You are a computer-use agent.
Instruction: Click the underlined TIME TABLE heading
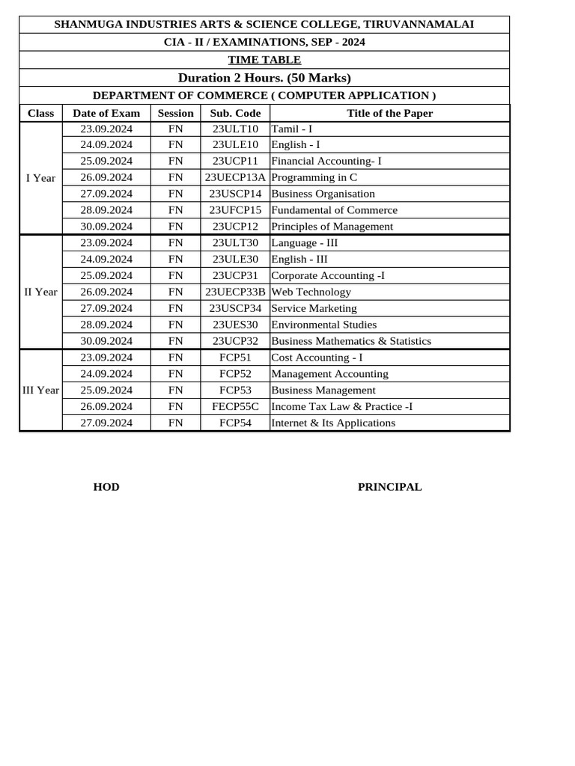[264, 60]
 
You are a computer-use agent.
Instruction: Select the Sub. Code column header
[235, 113]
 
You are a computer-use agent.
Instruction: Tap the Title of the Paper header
[389, 113]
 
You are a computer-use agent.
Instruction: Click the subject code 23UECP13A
[235, 177]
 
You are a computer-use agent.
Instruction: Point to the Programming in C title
[314, 177]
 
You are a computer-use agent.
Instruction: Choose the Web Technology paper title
[311, 292]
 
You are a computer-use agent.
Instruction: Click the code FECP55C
[235, 406]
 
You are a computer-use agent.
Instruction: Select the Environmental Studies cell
[323, 325]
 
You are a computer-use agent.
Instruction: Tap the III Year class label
[40, 390]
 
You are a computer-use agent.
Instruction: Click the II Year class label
[40, 292]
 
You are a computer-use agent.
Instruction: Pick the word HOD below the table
[106, 487]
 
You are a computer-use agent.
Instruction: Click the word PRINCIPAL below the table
[389, 487]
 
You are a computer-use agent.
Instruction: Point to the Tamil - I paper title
[291, 129]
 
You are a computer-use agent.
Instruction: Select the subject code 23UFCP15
[235, 210]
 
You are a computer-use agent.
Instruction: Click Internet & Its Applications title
[333, 423]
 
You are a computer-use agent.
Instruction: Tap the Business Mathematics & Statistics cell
[351, 341]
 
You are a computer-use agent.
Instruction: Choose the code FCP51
[235, 358]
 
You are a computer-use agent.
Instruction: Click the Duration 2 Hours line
[264, 78]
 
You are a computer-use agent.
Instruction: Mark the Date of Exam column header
[106, 113]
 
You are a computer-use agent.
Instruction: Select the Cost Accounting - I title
[317, 358]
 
